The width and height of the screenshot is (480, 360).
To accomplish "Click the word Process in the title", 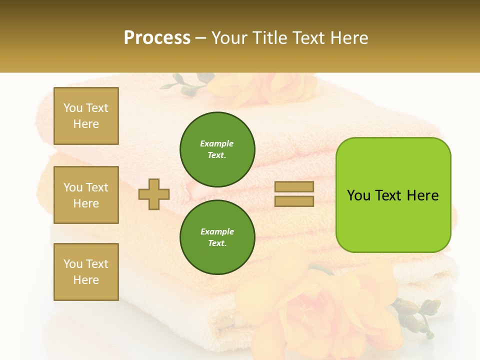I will point(157,38).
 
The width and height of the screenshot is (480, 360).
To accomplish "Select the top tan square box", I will point(86,116).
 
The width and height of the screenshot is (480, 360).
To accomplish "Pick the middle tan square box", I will point(86,195).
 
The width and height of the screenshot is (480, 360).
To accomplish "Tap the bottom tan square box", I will point(86,271).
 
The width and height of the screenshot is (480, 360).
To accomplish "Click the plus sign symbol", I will point(154,194).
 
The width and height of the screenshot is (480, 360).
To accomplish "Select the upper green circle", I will point(217,149).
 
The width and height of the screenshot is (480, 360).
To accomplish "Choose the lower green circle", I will point(217,237).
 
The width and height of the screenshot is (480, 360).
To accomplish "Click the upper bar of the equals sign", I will point(294,186).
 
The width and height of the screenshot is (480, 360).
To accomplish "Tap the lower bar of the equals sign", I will point(294,201).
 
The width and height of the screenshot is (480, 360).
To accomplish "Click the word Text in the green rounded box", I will point(389,195).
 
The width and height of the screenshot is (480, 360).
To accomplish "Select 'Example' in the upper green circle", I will point(216,143).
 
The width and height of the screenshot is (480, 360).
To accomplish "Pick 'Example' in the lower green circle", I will point(216,231).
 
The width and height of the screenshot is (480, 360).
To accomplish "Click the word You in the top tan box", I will point(73,108).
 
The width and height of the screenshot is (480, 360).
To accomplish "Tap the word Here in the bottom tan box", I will point(86,280).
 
